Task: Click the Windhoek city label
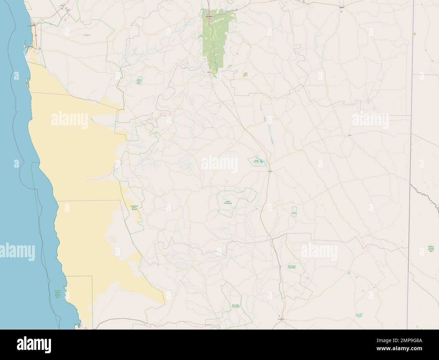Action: tap(208, 15)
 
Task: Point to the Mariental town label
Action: tap(269, 171)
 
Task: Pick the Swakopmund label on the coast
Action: tap(31, 25)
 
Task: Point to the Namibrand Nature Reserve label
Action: tap(134, 207)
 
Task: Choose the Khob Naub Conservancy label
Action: tap(291, 267)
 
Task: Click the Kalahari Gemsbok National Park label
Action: tap(431, 249)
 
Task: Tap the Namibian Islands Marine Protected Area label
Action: tap(59, 294)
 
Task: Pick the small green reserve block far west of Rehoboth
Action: tap(138, 81)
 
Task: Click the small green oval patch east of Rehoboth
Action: tap(245, 74)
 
